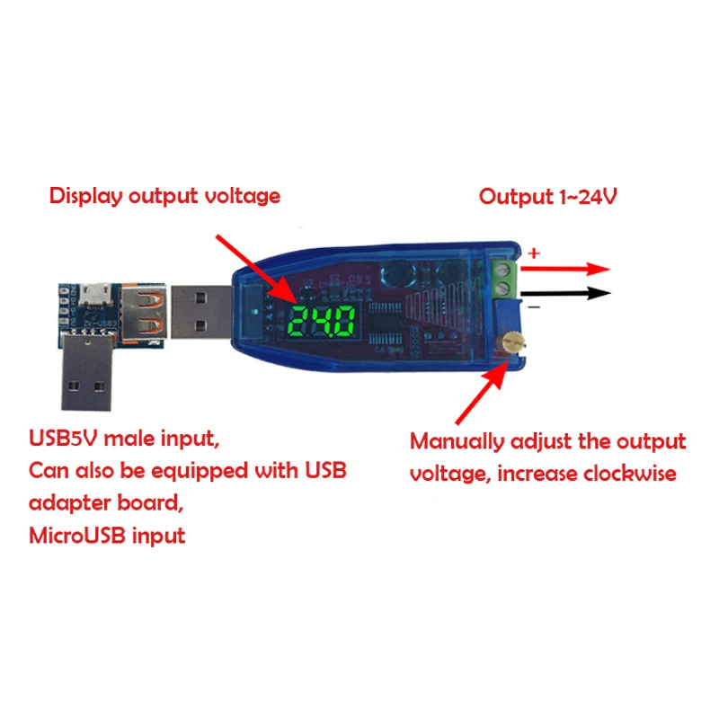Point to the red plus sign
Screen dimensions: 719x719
(x=533, y=254)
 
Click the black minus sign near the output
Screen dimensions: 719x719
(x=533, y=307)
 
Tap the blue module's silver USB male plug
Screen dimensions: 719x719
(x=200, y=308)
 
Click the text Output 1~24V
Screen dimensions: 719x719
(x=547, y=197)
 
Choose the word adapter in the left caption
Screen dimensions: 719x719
(x=70, y=503)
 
